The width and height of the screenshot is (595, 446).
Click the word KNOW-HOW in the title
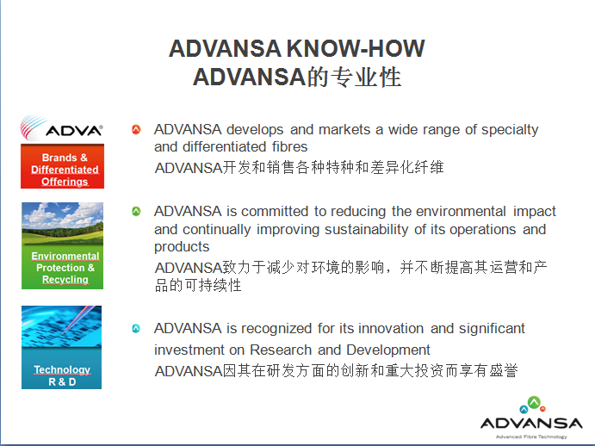click(356, 48)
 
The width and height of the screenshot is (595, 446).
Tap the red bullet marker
click(136, 129)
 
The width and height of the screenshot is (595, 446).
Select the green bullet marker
click(136, 211)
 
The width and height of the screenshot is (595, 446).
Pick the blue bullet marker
click(136, 328)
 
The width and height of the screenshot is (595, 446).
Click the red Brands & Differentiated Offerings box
click(62, 166)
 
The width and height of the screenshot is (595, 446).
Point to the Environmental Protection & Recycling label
click(65, 268)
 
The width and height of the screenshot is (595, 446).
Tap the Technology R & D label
click(62, 375)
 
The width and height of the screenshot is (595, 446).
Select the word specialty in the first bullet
click(510, 130)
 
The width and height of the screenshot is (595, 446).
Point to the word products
click(182, 247)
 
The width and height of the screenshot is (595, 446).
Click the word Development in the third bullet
click(388, 350)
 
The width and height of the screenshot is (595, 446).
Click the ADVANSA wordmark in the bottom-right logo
click(531, 423)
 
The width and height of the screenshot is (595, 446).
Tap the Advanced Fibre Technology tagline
click(531, 437)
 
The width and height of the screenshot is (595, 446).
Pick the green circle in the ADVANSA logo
click(534, 402)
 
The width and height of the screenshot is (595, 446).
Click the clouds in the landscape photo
click(63, 214)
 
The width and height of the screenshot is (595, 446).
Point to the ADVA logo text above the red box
click(74, 131)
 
